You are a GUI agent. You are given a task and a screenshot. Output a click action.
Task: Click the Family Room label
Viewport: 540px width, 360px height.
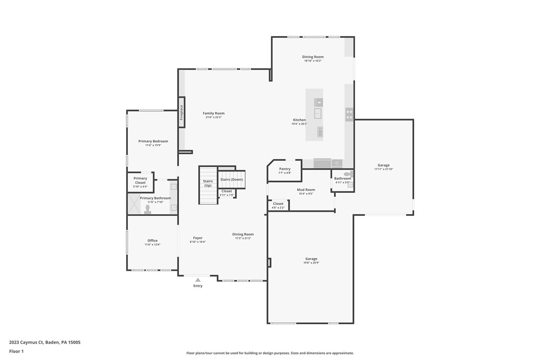[213, 113]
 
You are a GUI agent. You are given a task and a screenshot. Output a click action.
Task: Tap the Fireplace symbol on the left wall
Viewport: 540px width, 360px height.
[181, 112]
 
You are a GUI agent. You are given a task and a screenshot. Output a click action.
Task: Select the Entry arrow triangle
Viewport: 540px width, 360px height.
[198, 280]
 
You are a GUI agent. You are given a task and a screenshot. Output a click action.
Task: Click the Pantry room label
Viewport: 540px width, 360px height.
[284, 169]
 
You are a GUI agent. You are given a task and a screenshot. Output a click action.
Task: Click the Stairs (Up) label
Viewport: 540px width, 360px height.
[208, 183]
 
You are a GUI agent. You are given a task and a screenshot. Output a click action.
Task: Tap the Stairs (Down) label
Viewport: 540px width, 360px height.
[232, 180]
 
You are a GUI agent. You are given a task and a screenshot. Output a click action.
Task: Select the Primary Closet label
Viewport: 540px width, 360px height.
[140, 180]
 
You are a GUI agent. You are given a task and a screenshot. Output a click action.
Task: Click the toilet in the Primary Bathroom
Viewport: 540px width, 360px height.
[148, 209]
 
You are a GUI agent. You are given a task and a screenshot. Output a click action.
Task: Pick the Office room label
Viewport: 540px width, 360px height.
[152, 241]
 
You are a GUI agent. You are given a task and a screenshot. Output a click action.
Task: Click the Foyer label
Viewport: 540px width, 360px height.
[198, 238]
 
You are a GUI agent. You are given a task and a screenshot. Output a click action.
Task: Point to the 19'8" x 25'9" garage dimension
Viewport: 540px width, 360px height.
[311, 263]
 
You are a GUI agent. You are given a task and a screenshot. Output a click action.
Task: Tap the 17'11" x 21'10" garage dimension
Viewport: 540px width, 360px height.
[383, 169]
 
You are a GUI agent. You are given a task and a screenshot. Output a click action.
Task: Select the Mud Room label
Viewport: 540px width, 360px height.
[306, 189]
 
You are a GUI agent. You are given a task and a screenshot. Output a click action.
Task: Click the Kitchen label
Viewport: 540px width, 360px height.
[299, 120]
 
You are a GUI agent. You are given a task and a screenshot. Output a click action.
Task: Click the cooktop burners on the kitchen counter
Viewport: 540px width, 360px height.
[349, 115]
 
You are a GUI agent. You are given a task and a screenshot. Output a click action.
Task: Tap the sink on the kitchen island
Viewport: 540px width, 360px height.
[317, 113]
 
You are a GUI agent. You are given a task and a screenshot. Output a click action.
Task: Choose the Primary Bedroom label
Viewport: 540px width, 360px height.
[153, 141]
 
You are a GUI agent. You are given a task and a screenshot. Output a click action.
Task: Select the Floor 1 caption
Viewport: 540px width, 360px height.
[16, 351]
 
